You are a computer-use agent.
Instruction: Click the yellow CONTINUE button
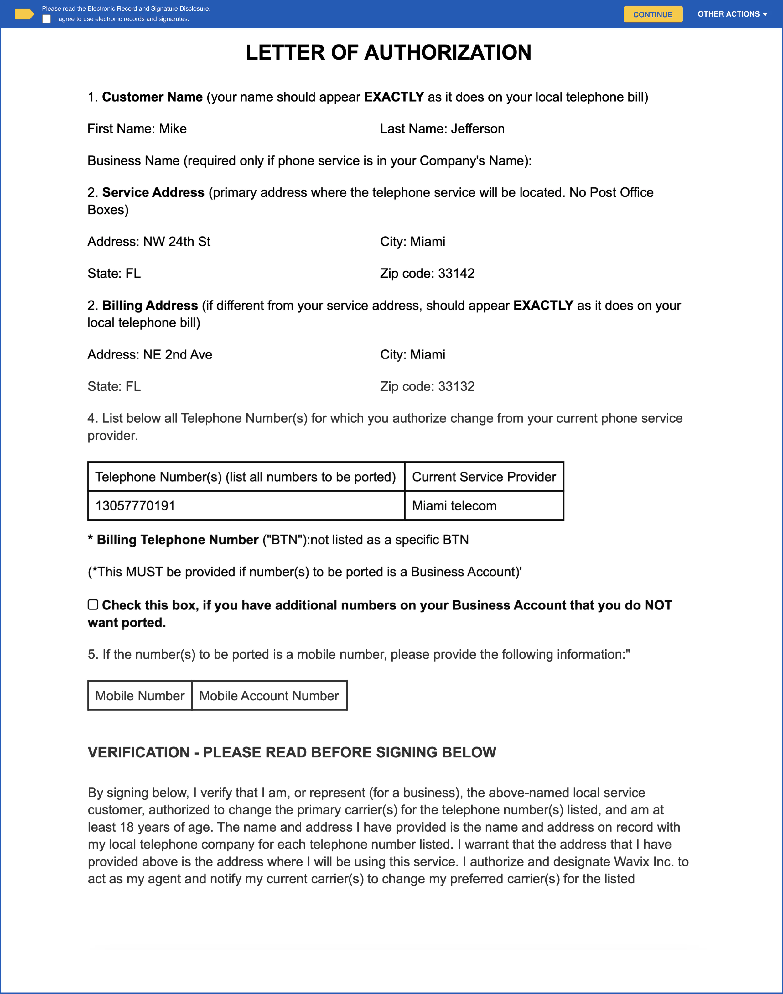tap(652, 14)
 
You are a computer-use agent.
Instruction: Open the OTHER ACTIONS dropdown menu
tap(732, 14)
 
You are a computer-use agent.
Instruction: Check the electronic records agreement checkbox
tap(46, 19)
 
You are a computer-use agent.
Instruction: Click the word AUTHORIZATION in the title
tap(448, 53)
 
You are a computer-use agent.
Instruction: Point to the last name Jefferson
tap(477, 129)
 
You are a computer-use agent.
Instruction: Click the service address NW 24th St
tap(177, 242)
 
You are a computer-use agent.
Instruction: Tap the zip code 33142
tap(456, 273)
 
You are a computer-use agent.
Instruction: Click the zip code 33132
tap(456, 386)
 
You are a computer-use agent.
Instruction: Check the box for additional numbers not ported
tap(93, 604)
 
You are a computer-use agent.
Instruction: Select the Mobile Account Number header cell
tap(269, 696)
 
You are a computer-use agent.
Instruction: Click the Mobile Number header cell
tap(140, 696)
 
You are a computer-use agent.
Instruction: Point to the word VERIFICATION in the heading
tap(138, 752)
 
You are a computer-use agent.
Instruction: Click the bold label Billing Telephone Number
tap(177, 540)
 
